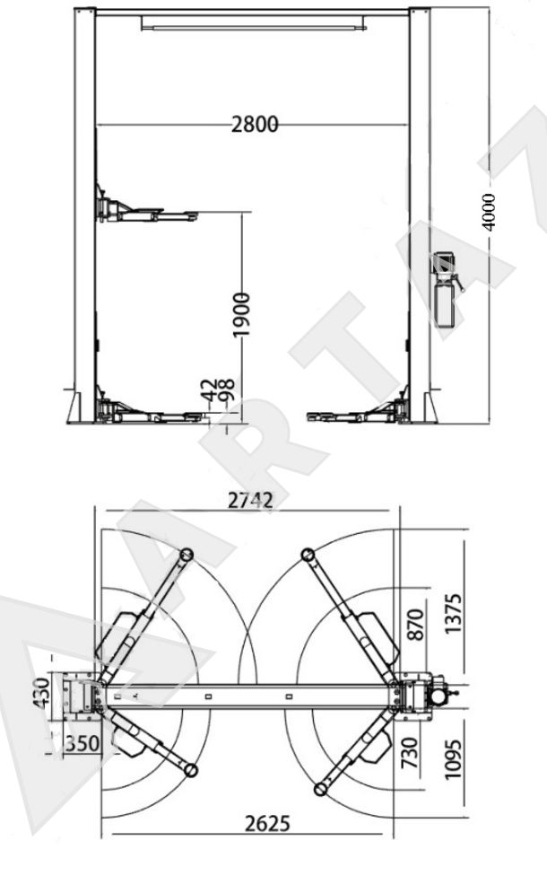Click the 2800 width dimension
tap(255, 124)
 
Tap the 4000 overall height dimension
tap(489, 212)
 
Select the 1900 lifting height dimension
tap(241, 314)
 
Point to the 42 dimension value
tap(210, 391)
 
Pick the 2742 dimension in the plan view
tap(250, 500)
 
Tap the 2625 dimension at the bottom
tap(267, 824)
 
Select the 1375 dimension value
tap(453, 613)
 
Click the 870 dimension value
tap(417, 625)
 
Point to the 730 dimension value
tap(410, 752)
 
